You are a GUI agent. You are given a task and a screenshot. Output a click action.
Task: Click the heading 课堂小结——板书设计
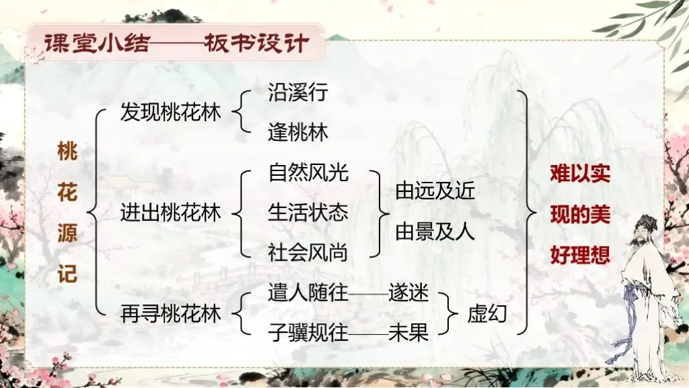point(176,44)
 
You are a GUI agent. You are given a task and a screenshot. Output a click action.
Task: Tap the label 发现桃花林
point(170,112)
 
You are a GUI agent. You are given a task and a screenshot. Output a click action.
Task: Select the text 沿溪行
point(297,92)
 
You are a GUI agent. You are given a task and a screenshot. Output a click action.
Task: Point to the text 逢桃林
point(297,133)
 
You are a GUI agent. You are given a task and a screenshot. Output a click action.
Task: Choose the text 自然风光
point(308,173)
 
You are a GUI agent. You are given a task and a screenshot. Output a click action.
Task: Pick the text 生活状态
point(308,213)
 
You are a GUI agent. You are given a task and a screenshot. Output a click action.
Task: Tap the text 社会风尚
point(308,253)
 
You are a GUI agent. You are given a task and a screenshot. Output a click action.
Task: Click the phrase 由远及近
point(435,192)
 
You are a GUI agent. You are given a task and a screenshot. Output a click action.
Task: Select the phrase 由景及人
point(435,232)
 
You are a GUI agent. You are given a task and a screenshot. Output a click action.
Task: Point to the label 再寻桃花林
point(170,313)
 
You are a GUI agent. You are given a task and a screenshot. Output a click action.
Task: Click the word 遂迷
point(408,294)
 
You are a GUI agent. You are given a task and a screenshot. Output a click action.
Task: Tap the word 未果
point(408,333)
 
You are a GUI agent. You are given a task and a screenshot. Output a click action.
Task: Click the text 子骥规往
point(308,333)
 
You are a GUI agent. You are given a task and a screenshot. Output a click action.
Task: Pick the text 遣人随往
point(308,294)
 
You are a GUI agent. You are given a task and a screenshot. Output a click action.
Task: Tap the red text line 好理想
point(579,255)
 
